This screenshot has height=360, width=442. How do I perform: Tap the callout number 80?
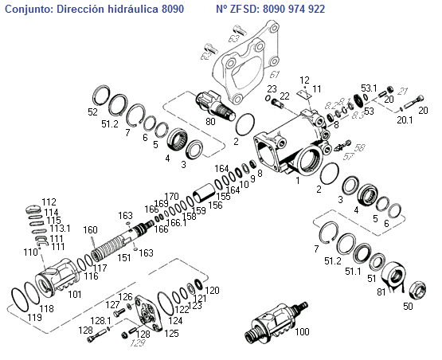tap(211, 123)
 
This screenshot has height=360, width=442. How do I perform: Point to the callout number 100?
tap(302, 332)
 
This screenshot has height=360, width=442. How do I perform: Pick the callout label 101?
tap(75, 294)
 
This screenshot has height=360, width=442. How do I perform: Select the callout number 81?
tap(381, 292)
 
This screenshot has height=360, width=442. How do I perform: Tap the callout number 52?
tap(93, 112)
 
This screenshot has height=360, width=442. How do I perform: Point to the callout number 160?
tap(90, 230)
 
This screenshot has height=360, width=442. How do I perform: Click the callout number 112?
tap(49, 202)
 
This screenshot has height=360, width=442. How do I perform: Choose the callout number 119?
tap(34, 318)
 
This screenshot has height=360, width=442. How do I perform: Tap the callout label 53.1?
tap(369, 87)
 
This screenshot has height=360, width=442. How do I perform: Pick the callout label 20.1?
tap(405, 120)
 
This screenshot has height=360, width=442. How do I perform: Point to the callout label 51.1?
tap(353, 271)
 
